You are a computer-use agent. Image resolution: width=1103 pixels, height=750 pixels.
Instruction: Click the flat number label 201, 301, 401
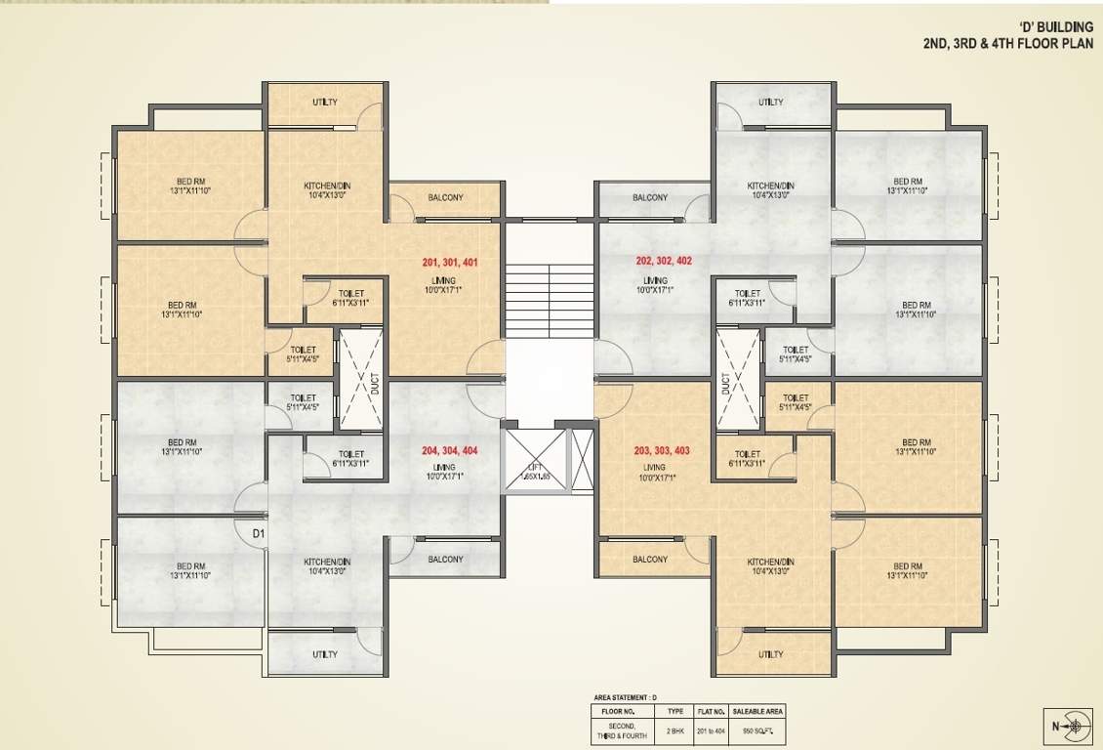pos(450,263)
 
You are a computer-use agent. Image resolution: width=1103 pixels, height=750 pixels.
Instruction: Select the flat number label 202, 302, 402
pos(663,261)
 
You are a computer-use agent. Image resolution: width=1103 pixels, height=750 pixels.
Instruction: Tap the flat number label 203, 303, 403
pos(661,450)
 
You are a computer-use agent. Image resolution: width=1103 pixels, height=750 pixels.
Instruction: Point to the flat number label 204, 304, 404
pos(450,450)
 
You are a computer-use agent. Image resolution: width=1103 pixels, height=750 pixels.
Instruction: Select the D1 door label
pos(259,533)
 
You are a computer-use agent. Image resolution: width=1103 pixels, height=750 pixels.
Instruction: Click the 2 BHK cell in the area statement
pos(675,729)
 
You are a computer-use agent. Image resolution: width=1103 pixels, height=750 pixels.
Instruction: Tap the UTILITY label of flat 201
pos(325,103)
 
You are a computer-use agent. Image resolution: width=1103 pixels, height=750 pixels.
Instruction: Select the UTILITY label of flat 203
pos(770,654)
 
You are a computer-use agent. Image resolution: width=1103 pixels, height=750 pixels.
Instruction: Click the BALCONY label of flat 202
pos(650,197)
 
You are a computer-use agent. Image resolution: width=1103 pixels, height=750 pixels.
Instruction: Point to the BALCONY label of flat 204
pos(445,560)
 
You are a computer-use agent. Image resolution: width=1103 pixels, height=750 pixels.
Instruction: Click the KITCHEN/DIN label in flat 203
pos(770,562)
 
